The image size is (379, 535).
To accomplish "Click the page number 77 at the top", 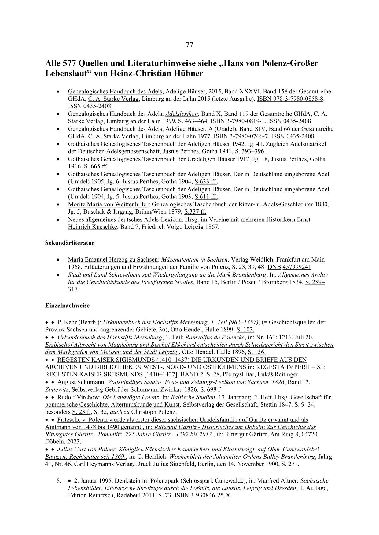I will (x=189, y=45).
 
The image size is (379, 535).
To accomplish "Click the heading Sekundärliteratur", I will (x=70, y=243).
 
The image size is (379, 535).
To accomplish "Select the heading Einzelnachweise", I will (x=67, y=305).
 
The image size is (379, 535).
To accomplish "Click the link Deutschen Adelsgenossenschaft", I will (x=119, y=151).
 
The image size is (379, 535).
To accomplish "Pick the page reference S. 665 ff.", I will (x=96, y=167).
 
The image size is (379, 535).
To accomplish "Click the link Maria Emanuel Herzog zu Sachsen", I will (x=112, y=260).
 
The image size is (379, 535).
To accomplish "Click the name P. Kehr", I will (x=67, y=322).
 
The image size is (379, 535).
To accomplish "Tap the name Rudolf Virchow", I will (x=78, y=397).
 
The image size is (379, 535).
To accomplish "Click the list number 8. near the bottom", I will (x=59, y=481).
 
